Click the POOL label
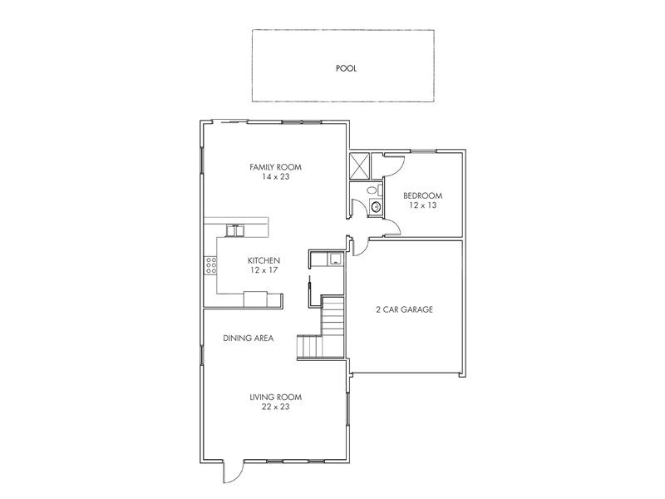point(346,68)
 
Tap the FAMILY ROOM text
point(275,167)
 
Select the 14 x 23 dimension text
point(276,176)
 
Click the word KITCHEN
point(264,260)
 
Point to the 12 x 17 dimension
point(264,269)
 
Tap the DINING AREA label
point(248,338)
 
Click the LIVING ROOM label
point(276,398)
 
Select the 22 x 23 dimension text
point(276,407)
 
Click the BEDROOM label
point(423,195)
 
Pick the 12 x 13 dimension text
point(423,205)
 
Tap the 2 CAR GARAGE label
point(404,309)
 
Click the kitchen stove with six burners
point(211,264)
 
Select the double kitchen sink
point(235,230)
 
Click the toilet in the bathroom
point(373,190)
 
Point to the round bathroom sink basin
point(376,207)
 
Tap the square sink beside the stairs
point(336,259)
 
